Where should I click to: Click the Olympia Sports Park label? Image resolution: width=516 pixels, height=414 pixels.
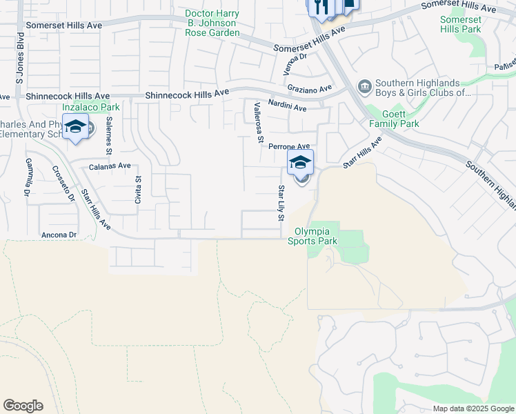click(x=317, y=236)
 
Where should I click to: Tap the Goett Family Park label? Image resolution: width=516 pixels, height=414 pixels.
click(x=394, y=118)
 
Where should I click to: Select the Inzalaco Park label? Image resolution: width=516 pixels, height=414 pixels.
click(x=91, y=107)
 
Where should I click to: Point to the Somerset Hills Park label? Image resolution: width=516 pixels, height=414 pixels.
click(x=461, y=23)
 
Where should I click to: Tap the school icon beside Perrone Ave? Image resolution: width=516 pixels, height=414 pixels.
click(x=300, y=163)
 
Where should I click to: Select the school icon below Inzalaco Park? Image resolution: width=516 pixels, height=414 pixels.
click(x=76, y=127)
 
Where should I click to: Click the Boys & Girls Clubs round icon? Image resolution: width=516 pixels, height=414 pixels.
click(x=364, y=86)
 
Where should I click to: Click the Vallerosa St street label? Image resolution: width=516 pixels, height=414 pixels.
click(x=259, y=123)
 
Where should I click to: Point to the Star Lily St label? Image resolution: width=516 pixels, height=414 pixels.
click(x=281, y=203)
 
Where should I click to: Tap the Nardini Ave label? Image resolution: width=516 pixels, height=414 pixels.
click(x=287, y=108)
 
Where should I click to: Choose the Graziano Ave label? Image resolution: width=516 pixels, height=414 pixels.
click(x=310, y=88)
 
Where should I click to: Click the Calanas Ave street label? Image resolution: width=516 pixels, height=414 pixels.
click(x=110, y=166)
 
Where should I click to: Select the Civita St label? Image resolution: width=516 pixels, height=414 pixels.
click(x=138, y=188)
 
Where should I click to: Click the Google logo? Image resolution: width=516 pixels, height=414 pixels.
click(x=23, y=406)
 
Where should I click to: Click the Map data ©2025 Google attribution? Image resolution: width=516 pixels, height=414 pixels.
click(x=473, y=408)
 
